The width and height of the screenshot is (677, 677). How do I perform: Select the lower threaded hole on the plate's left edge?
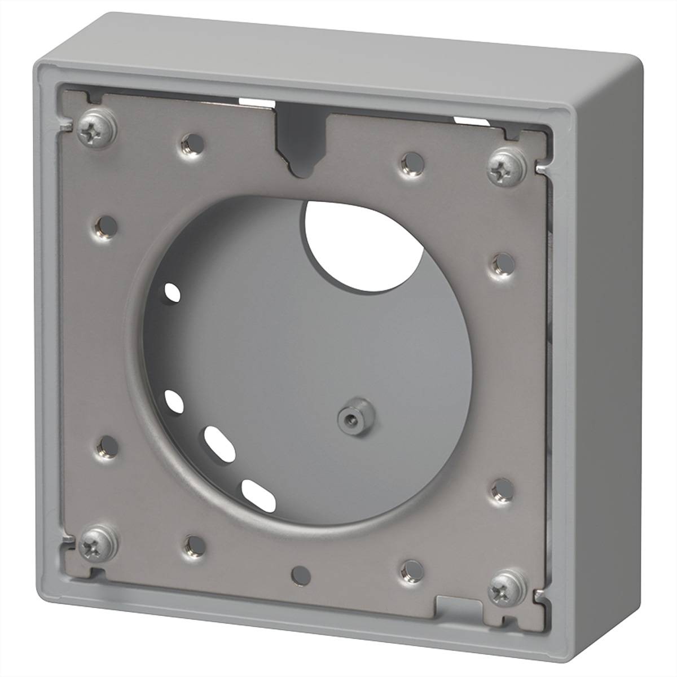pyautogui.click(x=105, y=446)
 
